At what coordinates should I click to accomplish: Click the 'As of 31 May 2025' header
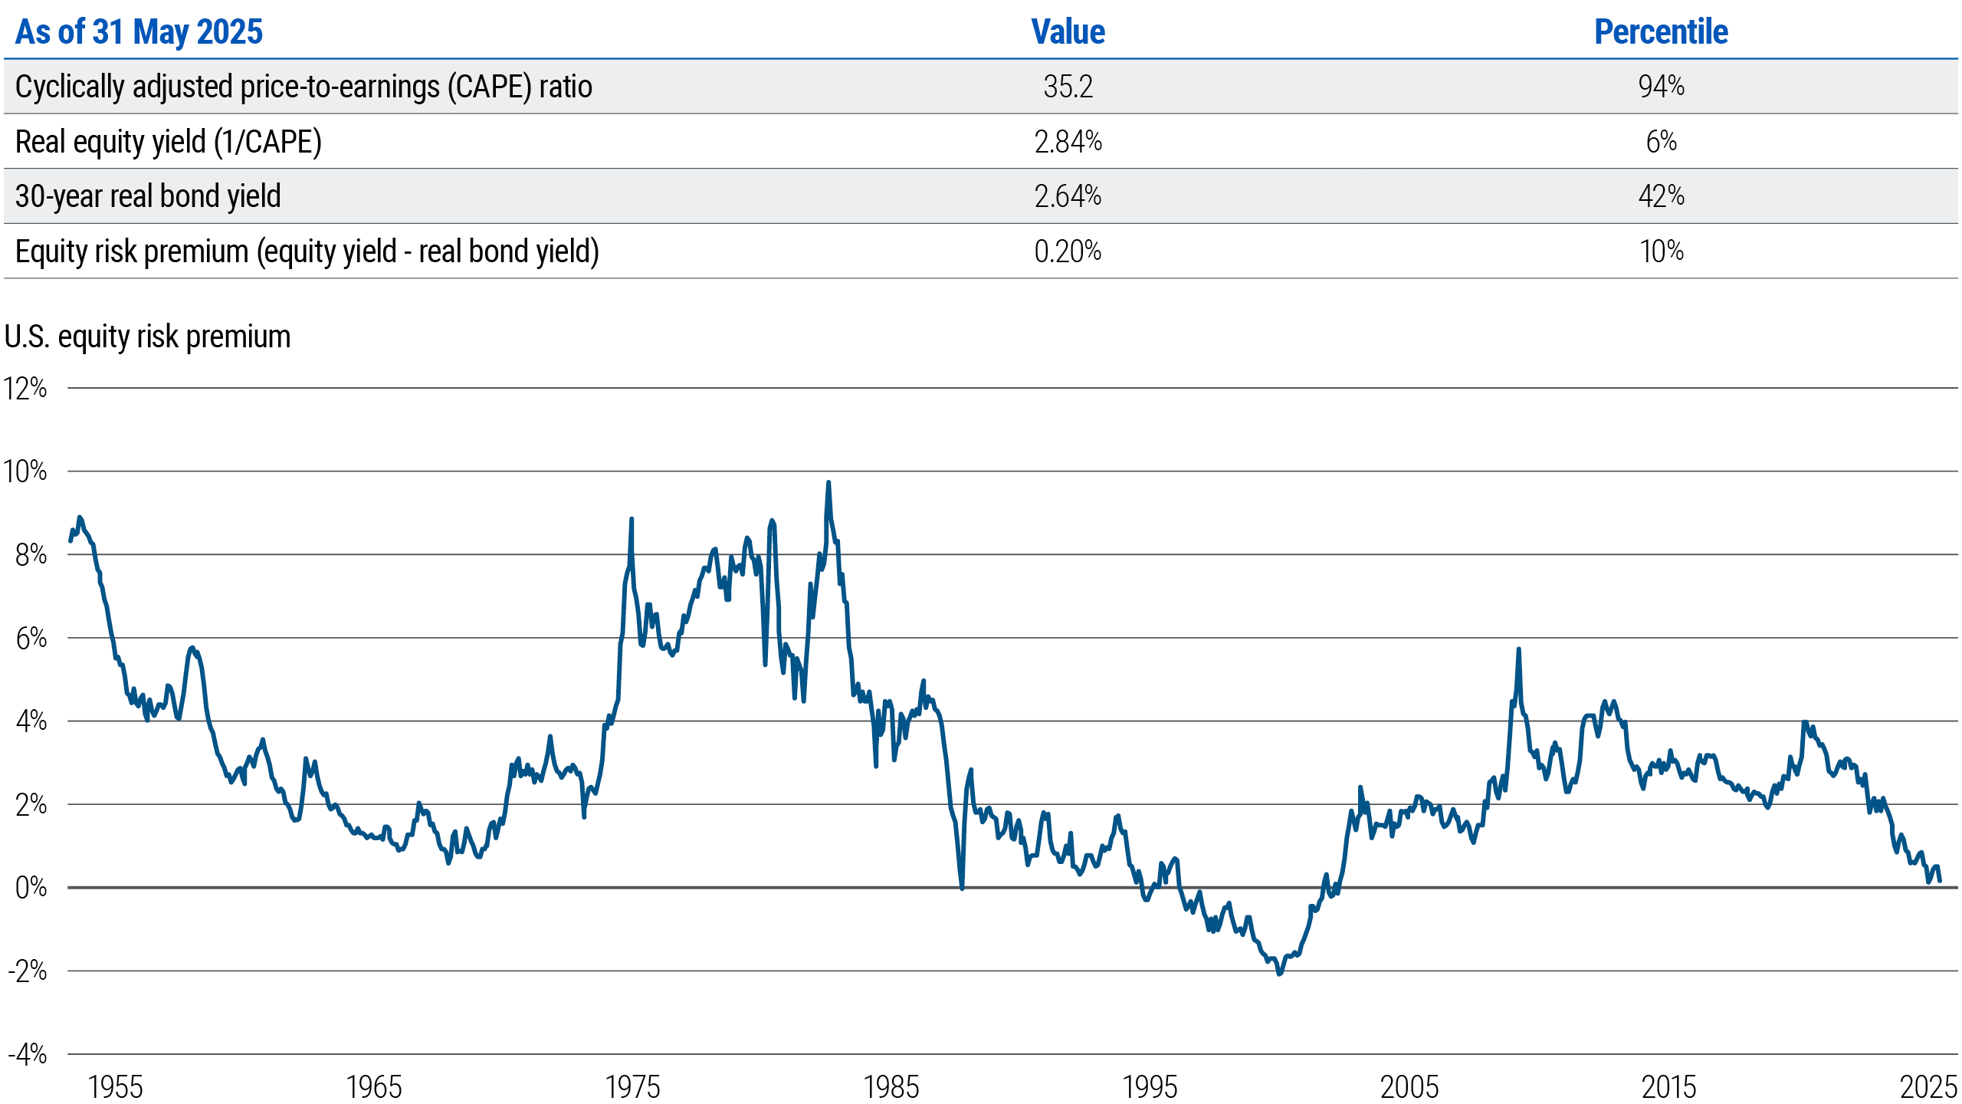(x=139, y=32)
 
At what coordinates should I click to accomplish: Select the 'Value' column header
(x=1068, y=32)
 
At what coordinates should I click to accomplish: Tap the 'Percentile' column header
(x=1661, y=32)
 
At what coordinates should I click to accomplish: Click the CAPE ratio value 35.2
(x=1068, y=87)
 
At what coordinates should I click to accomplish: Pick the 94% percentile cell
(x=1661, y=87)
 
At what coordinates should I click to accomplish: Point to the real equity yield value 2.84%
(x=1068, y=142)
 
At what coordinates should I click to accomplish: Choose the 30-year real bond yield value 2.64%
(x=1068, y=196)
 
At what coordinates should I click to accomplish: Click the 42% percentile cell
(x=1661, y=196)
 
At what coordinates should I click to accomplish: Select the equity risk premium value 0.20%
(x=1068, y=251)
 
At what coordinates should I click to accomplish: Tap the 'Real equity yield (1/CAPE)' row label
(x=168, y=142)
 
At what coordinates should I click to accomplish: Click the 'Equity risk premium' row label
(x=307, y=251)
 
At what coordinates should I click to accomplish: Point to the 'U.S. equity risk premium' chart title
(x=147, y=337)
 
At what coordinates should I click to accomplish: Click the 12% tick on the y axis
(x=25, y=389)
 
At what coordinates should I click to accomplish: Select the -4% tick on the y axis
(x=28, y=1055)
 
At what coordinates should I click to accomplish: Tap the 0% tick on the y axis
(x=31, y=888)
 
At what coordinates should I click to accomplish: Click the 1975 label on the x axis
(x=632, y=1087)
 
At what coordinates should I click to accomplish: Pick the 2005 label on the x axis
(x=1409, y=1087)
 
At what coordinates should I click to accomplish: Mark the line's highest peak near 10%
(x=828, y=483)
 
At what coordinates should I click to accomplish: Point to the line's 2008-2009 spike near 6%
(x=1518, y=650)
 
